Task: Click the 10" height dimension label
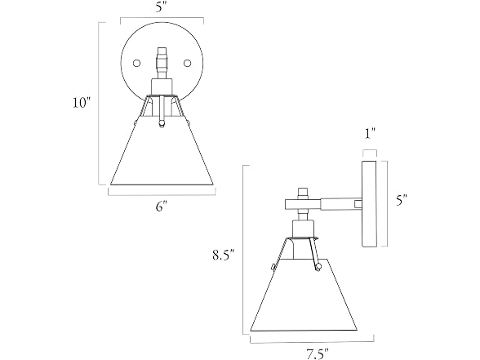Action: pos(82,102)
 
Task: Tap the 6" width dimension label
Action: pos(162,207)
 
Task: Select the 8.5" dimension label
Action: pos(224,255)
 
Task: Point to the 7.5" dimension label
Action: pos(318,354)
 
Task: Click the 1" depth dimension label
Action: pos(370,134)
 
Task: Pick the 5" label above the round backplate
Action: pos(162,7)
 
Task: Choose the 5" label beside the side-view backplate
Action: pos(402,201)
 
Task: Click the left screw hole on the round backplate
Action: pos(136,64)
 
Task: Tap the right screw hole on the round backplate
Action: pos(188,64)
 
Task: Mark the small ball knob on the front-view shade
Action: pos(162,123)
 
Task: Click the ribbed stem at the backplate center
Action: pos(162,63)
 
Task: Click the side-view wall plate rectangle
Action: pos(370,203)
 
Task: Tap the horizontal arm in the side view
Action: pos(323,204)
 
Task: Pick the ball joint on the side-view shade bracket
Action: pos(318,267)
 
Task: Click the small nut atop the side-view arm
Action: pos(303,193)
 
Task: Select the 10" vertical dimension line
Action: pos(99,104)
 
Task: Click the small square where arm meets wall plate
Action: pos(358,204)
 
